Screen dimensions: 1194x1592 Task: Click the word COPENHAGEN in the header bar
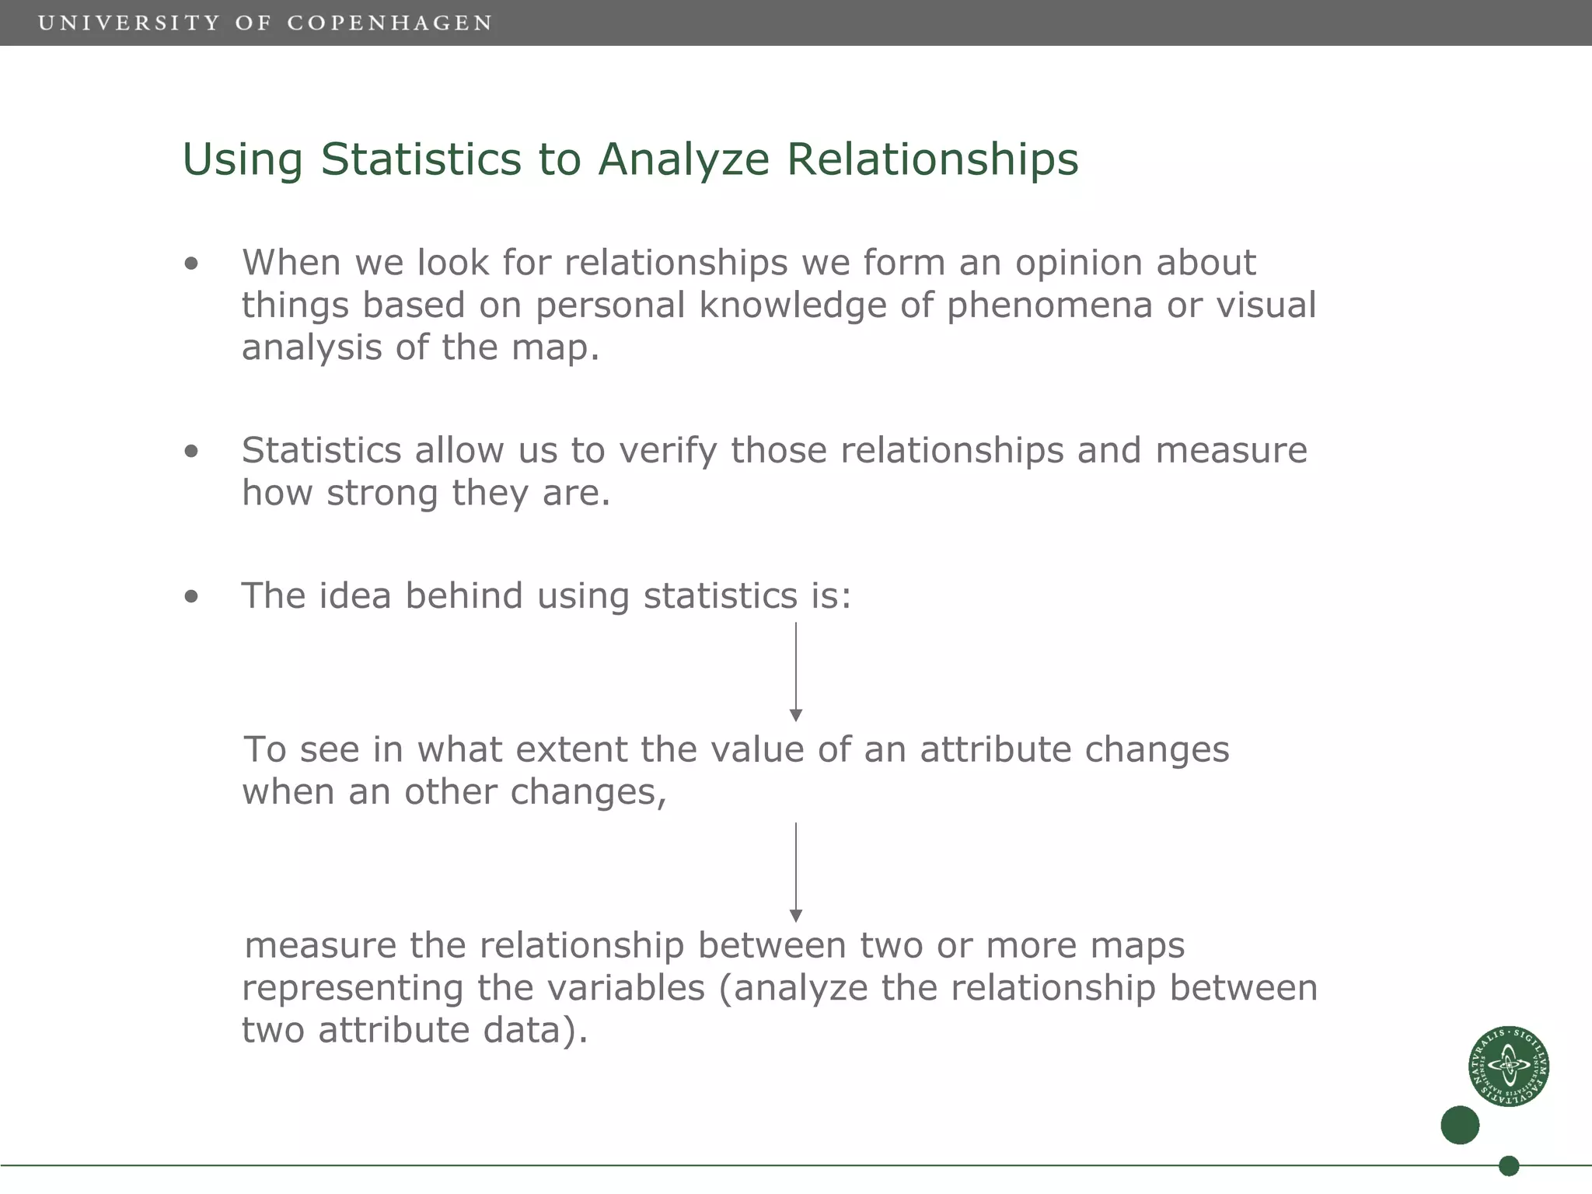click(389, 23)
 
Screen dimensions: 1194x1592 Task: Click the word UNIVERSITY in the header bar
click(129, 23)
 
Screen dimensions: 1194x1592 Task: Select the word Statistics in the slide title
click(421, 159)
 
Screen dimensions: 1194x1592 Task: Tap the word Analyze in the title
click(683, 159)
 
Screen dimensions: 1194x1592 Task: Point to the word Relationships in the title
click(932, 159)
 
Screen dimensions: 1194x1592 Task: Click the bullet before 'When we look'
click(191, 264)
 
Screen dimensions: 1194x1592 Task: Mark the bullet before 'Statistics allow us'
click(191, 452)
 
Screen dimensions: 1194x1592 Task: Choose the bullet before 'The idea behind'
click(191, 597)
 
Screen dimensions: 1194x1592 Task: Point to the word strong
click(382, 493)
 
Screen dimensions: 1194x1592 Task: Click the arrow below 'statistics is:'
click(795, 672)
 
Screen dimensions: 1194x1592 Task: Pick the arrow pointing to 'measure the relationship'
click(795, 872)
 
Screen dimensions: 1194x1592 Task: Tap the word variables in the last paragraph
click(626, 988)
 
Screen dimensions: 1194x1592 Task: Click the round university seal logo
click(1508, 1066)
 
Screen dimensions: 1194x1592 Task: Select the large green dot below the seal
click(1459, 1125)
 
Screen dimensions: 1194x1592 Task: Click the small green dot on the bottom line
click(1508, 1166)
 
